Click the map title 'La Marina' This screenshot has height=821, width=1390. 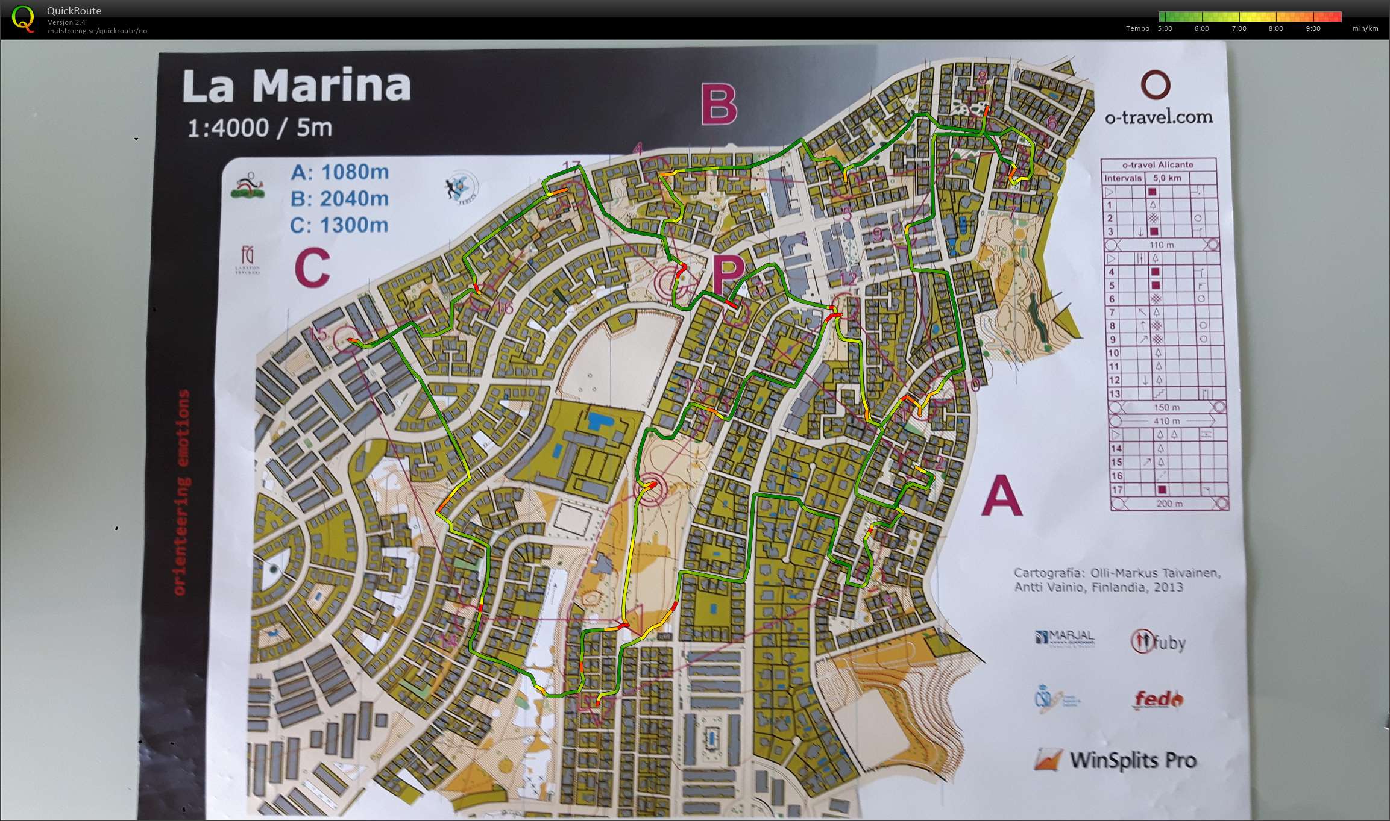pos(296,86)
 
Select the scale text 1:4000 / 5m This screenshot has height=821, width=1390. pos(260,128)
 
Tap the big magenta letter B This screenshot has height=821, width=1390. pos(720,105)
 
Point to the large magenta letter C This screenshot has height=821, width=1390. pos(312,268)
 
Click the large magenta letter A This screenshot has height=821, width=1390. pos(1001,496)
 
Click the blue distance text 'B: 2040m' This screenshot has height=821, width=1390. pos(339,199)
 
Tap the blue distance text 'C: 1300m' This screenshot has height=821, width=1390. pos(339,225)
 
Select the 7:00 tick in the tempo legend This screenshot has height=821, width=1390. pos(1239,28)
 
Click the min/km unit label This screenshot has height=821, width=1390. pos(1365,28)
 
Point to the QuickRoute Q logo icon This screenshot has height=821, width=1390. pos(23,19)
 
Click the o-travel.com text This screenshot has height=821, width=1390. pos(1158,117)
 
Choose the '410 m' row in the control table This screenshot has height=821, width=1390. pos(1166,421)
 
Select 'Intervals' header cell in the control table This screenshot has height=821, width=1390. pos(1122,178)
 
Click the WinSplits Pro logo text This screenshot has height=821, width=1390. pos(1132,760)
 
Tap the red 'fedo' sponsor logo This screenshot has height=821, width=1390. pos(1157,700)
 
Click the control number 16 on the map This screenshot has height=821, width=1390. pos(504,308)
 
